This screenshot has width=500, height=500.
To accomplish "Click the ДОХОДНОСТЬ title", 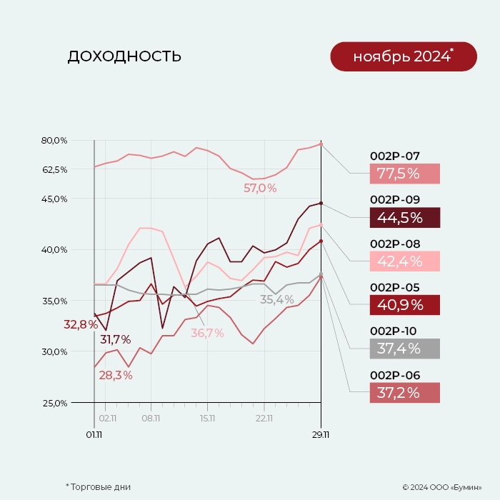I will tap(124, 56).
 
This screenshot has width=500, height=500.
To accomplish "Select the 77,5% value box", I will tap(404, 174).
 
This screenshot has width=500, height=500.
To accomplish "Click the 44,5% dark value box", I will tap(404, 218).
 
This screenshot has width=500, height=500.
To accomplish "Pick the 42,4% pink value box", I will tap(404, 261).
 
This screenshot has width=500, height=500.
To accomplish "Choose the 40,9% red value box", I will tap(404, 305).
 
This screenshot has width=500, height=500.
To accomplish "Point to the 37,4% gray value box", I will tap(404, 349).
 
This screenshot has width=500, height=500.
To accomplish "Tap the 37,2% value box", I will tap(404, 393).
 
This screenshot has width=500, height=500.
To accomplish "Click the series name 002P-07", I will tap(395, 156).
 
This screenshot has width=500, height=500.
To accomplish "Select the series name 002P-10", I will tap(395, 331).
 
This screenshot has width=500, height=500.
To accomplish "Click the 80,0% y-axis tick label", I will tap(54, 140).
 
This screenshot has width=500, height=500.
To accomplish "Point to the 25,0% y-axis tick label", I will tap(54, 403).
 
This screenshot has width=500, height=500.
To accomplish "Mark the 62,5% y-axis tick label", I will tap(54, 170).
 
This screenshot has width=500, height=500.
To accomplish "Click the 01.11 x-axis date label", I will tap(94, 433).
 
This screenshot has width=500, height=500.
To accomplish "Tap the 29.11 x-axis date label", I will tap(321, 433).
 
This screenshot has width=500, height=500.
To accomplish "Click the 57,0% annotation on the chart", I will tap(260, 189).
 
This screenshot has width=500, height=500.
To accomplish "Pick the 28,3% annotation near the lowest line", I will tap(116, 375).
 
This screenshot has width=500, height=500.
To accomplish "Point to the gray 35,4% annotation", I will tap(276, 300).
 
